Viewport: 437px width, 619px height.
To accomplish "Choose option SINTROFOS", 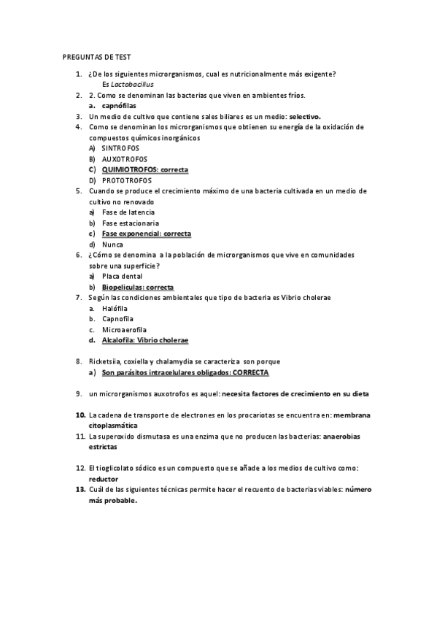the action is pyautogui.click(x=120, y=148).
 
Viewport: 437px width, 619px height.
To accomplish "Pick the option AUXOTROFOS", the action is pyautogui.click(x=124, y=158).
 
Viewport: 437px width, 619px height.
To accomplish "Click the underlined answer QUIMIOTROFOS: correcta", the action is pyautogui.click(x=144, y=169).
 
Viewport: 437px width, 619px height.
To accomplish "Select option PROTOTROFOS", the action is pyautogui.click(x=127, y=180).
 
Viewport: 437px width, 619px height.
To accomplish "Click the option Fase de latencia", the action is pyautogui.click(x=128, y=212).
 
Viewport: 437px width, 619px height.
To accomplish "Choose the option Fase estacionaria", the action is pyautogui.click(x=131, y=223).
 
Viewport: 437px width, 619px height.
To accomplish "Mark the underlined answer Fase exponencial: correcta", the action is pyautogui.click(x=146, y=234).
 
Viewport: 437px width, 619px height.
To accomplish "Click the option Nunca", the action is pyautogui.click(x=112, y=245).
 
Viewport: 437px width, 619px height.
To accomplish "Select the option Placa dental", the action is pyautogui.click(x=123, y=277).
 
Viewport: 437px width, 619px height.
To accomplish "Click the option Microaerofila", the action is pyautogui.click(x=123, y=330).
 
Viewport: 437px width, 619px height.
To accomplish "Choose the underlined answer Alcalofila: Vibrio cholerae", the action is pyautogui.click(x=144, y=341).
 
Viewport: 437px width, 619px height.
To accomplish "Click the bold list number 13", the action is pyautogui.click(x=82, y=490).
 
